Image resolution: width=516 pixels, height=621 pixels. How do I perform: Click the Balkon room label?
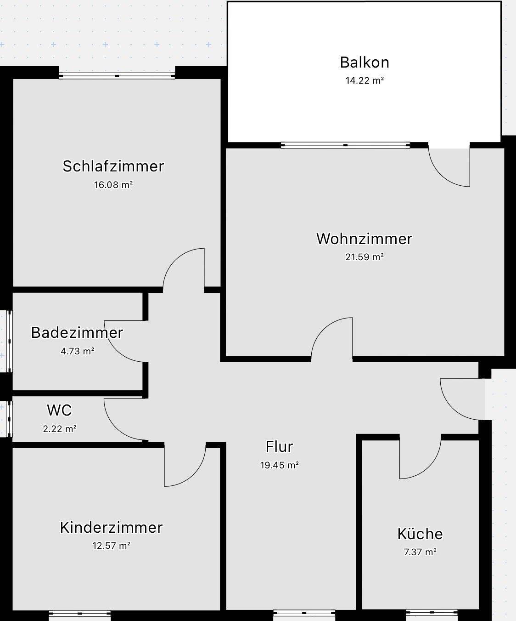(365, 62)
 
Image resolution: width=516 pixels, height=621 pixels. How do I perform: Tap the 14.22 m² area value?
(365, 80)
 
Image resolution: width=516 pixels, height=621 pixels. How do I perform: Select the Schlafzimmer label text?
(113, 166)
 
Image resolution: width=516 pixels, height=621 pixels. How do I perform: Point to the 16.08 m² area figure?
(113, 185)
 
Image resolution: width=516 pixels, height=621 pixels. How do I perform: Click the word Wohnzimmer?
(365, 239)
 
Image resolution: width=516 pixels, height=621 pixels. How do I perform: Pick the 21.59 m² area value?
(365, 257)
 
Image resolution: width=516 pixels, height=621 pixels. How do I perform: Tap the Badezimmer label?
(77, 332)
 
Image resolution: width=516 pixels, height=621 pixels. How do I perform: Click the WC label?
(60, 410)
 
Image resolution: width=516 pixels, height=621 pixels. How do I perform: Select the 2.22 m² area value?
(60, 429)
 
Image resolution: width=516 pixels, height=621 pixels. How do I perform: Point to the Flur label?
(279, 446)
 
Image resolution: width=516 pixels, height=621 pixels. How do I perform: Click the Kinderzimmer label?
(111, 527)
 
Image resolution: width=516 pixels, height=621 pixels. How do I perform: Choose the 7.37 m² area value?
(420, 552)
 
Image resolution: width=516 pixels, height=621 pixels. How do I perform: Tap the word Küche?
(420, 534)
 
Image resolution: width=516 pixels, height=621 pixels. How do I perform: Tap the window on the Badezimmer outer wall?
(10, 341)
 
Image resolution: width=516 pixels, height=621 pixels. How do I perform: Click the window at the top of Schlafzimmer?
(117, 76)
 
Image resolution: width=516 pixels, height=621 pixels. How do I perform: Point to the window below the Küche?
(432, 612)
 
